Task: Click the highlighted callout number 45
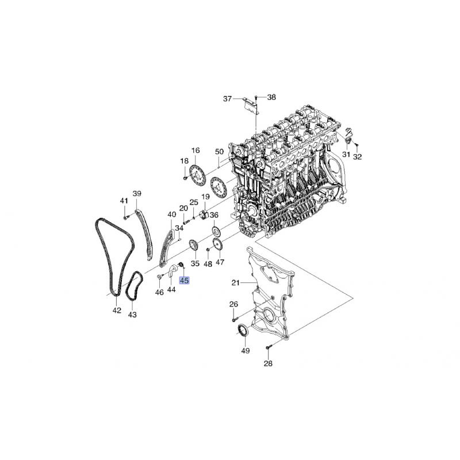click(x=184, y=281)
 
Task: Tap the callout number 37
click(x=227, y=99)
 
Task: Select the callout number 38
click(x=271, y=97)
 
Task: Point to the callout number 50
click(x=220, y=152)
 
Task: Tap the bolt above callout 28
click(x=269, y=347)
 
